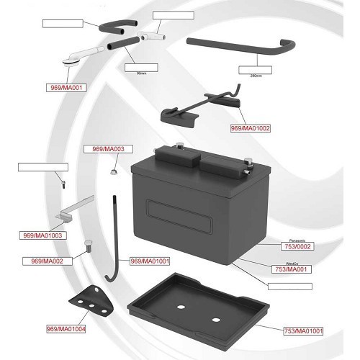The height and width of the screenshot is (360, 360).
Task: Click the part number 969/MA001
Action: coord(65,89)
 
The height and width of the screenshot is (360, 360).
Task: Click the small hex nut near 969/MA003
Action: coord(113,171)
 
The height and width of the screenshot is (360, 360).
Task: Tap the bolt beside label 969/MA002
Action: coord(87,245)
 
